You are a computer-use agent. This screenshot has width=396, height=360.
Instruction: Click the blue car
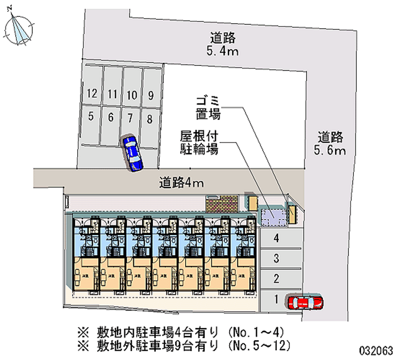(x=132, y=153)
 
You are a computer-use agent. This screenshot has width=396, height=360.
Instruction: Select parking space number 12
(x=91, y=94)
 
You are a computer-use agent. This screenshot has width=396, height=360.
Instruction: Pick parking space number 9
(x=150, y=95)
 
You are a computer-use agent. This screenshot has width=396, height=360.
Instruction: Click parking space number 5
(x=91, y=117)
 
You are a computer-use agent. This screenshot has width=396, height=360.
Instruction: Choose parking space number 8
(x=149, y=118)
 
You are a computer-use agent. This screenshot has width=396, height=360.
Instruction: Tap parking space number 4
(x=277, y=238)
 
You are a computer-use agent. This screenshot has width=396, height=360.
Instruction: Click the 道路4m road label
(x=182, y=183)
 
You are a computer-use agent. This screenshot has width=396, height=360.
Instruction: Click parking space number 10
(x=131, y=95)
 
